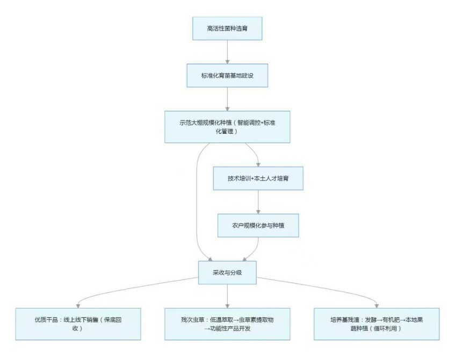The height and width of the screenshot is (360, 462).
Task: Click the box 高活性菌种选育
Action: pos(227,28)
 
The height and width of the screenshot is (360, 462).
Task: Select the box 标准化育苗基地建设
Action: pos(227,76)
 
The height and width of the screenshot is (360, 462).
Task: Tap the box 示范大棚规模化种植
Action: pos(227,127)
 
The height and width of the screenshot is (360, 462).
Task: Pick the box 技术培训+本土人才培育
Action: pos(258,177)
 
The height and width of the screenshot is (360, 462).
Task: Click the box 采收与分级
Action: pos(227,272)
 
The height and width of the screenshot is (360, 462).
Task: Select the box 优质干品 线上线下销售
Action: pos(78,323)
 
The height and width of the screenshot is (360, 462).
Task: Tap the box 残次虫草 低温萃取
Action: pos(227,323)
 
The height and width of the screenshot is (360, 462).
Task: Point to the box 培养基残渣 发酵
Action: pos(377,323)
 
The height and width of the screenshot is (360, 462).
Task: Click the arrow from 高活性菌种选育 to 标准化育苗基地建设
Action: pos(227,52)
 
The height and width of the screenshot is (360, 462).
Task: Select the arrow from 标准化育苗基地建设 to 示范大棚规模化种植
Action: pos(227,99)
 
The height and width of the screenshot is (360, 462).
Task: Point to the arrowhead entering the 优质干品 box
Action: pos(79,305)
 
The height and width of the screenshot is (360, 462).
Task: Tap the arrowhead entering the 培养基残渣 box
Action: pos(376,305)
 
